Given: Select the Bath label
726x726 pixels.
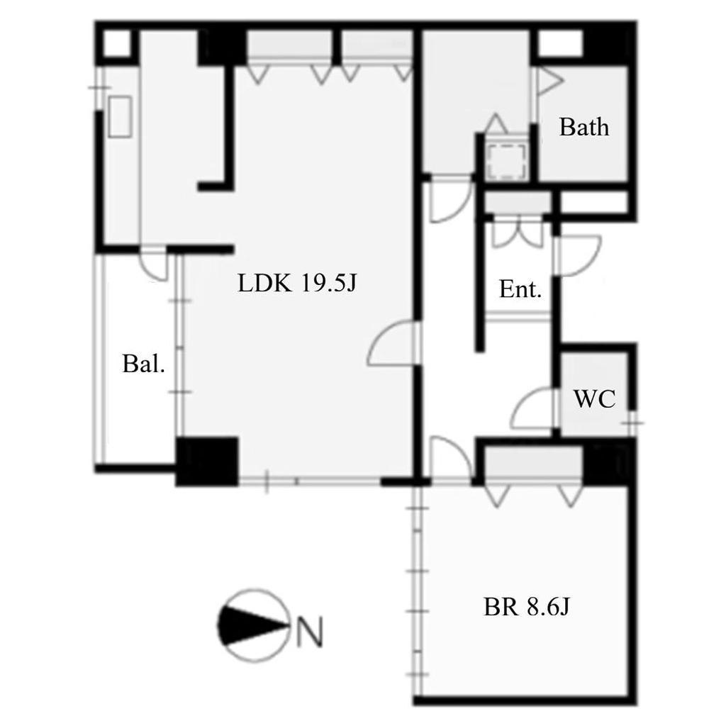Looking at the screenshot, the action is pyautogui.click(x=584, y=127).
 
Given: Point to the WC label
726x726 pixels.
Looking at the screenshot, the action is pyautogui.click(x=595, y=398).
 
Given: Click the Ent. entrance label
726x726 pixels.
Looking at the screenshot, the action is pyautogui.click(x=520, y=289).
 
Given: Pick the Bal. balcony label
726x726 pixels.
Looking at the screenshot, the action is pyautogui.click(x=143, y=364).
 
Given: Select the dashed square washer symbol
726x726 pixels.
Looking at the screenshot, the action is pyautogui.click(x=507, y=160).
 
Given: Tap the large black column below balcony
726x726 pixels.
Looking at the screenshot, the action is pyautogui.click(x=207, y=462).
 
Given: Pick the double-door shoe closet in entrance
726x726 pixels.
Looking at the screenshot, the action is pyautogui.click(x=518, y=232).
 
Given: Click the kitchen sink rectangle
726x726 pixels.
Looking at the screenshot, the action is pyautogui.click(x=120, y=116).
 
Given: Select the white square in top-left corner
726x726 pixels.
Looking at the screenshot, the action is pyautogui.click(x=117, y=44).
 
